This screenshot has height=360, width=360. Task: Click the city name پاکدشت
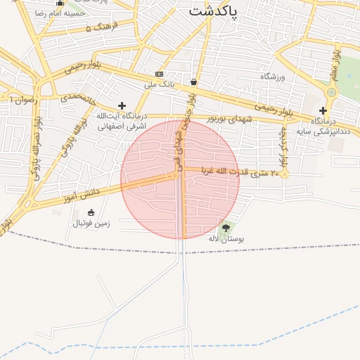(213, 11)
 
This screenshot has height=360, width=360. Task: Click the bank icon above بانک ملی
(159, 74)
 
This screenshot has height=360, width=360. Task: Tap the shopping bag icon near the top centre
(193, 82)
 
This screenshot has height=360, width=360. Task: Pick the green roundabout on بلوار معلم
(331, 92)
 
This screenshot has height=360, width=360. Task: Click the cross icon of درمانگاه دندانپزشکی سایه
(323, 110)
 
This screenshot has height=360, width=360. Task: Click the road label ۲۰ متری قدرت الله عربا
(240, 171)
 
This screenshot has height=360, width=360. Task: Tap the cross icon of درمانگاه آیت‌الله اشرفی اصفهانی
(121, 105)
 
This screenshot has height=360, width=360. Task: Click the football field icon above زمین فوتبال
(91, 212)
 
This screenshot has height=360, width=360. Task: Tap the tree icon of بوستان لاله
(225, 228)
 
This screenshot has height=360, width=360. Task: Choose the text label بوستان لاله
(226, 239)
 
